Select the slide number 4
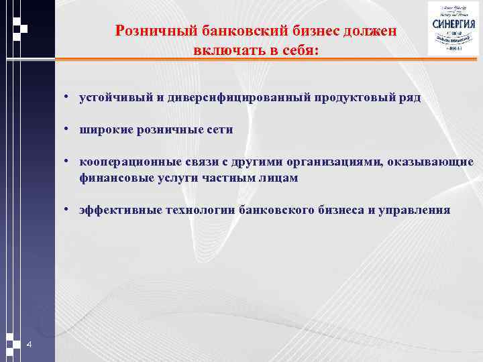29,345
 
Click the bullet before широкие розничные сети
68,130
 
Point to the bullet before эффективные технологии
68,210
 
